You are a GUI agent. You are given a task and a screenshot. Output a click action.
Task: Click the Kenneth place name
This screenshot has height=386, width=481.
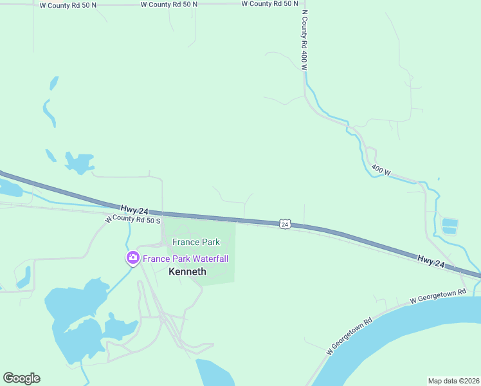(187, 271)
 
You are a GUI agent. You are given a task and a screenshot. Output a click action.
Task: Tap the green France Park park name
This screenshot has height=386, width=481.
(196, 242)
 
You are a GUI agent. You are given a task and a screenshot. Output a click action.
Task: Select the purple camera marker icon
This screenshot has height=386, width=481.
(132, 258)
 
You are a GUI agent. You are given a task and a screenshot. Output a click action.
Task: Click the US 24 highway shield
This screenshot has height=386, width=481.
(285, 224)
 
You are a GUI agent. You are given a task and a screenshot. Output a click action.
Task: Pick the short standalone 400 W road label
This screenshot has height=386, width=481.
(381, 170)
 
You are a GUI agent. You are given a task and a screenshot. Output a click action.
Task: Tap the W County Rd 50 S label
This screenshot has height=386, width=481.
(132, 219)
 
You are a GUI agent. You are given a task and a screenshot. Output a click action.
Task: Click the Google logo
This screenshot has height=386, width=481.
(21, 378)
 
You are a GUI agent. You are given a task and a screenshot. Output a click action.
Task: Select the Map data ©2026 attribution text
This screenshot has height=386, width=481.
(453, 380)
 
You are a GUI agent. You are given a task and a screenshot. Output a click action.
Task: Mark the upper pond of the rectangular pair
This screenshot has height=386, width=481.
(449, 223)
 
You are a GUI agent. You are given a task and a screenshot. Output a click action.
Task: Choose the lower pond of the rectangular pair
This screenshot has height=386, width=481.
(449, 230)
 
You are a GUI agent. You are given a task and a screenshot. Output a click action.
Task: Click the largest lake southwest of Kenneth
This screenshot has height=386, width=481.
(74, 309)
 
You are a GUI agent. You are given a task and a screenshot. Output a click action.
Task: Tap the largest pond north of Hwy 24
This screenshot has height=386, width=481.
(79, 163)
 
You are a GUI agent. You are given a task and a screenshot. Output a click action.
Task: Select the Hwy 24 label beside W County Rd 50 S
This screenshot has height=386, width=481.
(134, 208)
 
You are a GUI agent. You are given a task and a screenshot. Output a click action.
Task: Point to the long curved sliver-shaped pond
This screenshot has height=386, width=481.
(49, 113)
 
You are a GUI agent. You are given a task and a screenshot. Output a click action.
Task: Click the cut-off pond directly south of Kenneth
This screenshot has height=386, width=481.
(214, 373)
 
